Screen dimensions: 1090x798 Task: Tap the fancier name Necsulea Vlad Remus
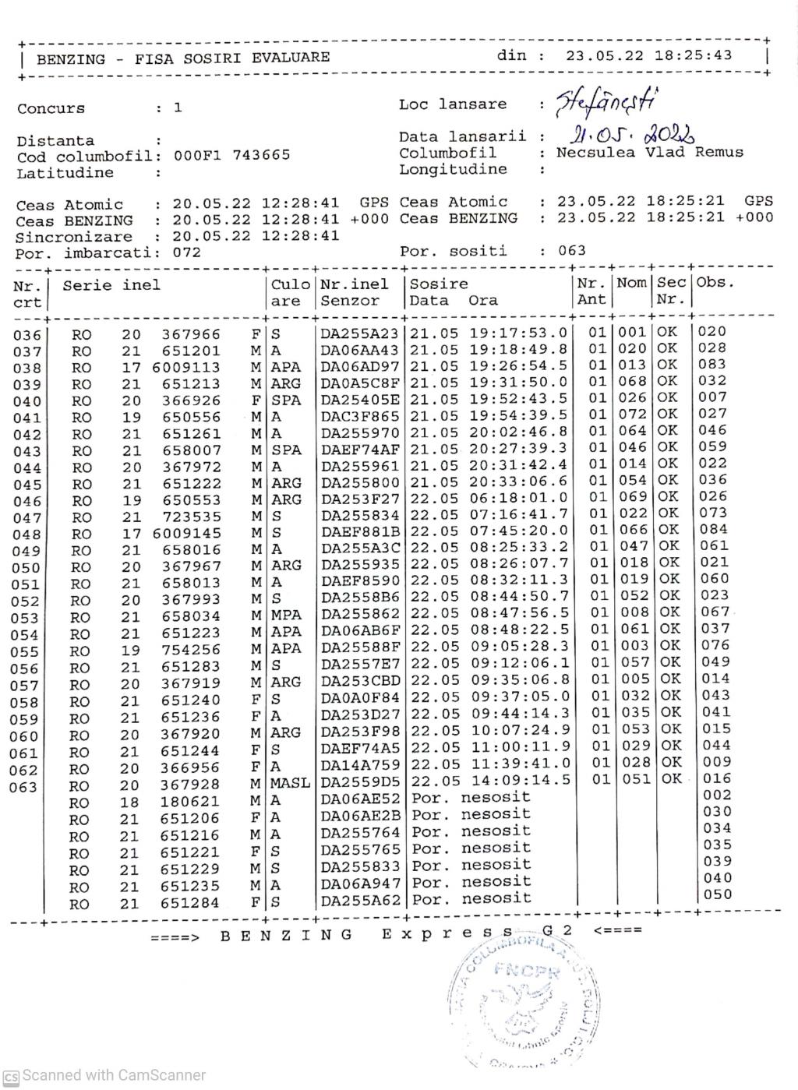click(649, 153)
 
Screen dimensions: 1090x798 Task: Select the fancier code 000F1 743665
click(231, 155)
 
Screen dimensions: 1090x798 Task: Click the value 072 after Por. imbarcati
click(186, 252)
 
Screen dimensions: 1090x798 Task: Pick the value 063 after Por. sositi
click(572, 251)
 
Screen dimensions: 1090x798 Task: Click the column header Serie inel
click(111, 285)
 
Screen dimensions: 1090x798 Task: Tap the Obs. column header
click(715, 282)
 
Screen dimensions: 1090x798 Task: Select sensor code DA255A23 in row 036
click(359, 333)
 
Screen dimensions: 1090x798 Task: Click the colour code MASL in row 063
click(290, 782)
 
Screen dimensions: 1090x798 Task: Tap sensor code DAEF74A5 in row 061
click(360, 748)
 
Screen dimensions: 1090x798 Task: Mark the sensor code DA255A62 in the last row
click(360, 901)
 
